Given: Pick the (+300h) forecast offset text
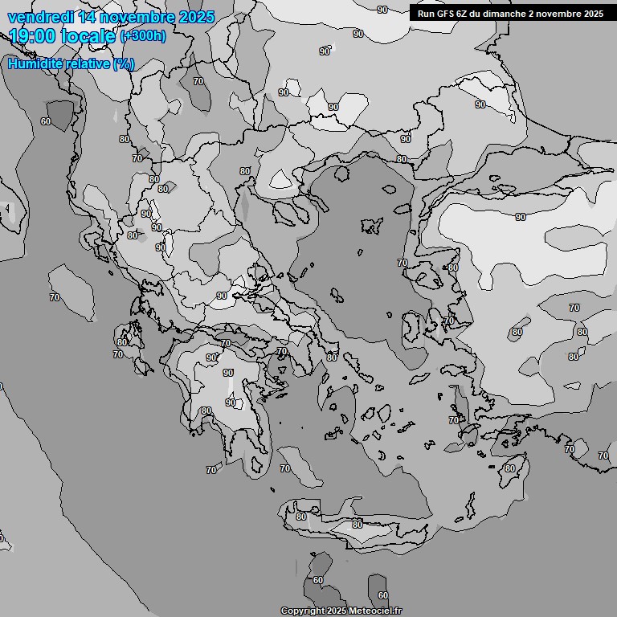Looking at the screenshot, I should coord(143,36).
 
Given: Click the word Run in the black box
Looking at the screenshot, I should coord(427,14).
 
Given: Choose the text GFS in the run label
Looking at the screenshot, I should coord(447,14).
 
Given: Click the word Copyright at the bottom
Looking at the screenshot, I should coord(302,611).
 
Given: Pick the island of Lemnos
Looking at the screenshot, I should coord(372,226).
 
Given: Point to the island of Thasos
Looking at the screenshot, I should coord(341,173).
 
